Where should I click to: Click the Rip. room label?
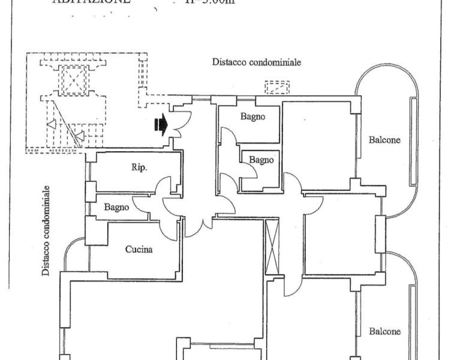click(x=139, y=168)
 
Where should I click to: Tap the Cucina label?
click(x=139, y=249)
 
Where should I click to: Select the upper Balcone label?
click(x=384, y=140)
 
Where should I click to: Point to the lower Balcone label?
click(x=384, y=331)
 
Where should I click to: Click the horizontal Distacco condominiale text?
click(x=256, y=62)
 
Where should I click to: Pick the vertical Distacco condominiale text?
click(x=46, y=230)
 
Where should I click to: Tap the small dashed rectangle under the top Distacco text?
click(x=277, y=88)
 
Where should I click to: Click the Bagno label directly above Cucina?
click(x=116, y=208)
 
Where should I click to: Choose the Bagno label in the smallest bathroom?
click(x=261, y=160)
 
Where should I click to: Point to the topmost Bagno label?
click(x=252, y=117)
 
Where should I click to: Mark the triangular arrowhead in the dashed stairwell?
click(x=52, y=125)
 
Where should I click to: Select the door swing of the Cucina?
click(x=170, y=227)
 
